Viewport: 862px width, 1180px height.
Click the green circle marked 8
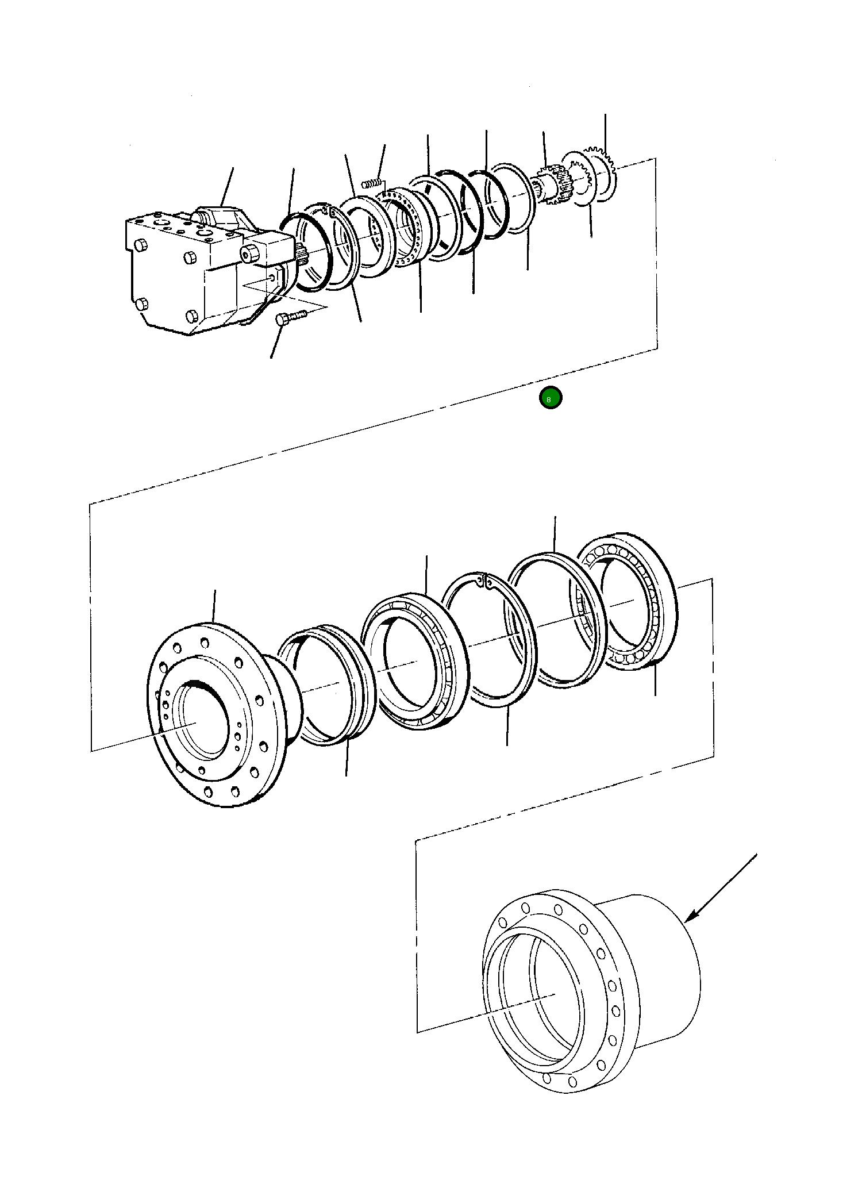click(550, 398)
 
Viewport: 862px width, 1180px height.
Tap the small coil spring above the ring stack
click(372, 184)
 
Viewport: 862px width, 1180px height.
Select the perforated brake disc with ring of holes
click(405, 229)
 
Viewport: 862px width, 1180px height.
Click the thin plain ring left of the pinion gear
click(513, 199)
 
